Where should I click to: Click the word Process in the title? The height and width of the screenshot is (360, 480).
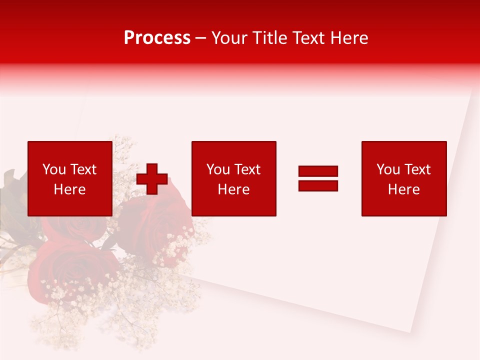click(x=157, y=38)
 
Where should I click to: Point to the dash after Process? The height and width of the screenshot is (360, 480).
click(x=201, y=38)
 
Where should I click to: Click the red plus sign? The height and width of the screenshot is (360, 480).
click(x=152, y=178)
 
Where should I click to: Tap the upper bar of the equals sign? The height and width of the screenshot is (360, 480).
click(x=318, y=171)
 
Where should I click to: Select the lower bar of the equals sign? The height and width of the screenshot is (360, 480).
click(x=318, y=185)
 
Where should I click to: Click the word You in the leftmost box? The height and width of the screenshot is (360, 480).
click(x=54, y=169)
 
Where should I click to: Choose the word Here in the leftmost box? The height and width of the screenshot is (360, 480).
click(x=69, y=189)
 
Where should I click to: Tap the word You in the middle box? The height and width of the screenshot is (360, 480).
click(x=218, y=169)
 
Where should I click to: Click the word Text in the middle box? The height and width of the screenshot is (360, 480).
click(x=246, y=169)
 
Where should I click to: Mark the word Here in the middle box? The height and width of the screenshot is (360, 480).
click(x=233, y=189)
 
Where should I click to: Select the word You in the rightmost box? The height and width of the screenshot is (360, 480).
click(x=388, y=169)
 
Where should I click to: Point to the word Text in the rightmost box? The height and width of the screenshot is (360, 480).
click(x=416, y=169)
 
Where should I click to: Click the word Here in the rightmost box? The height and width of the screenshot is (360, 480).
click(x=403, y=189)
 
